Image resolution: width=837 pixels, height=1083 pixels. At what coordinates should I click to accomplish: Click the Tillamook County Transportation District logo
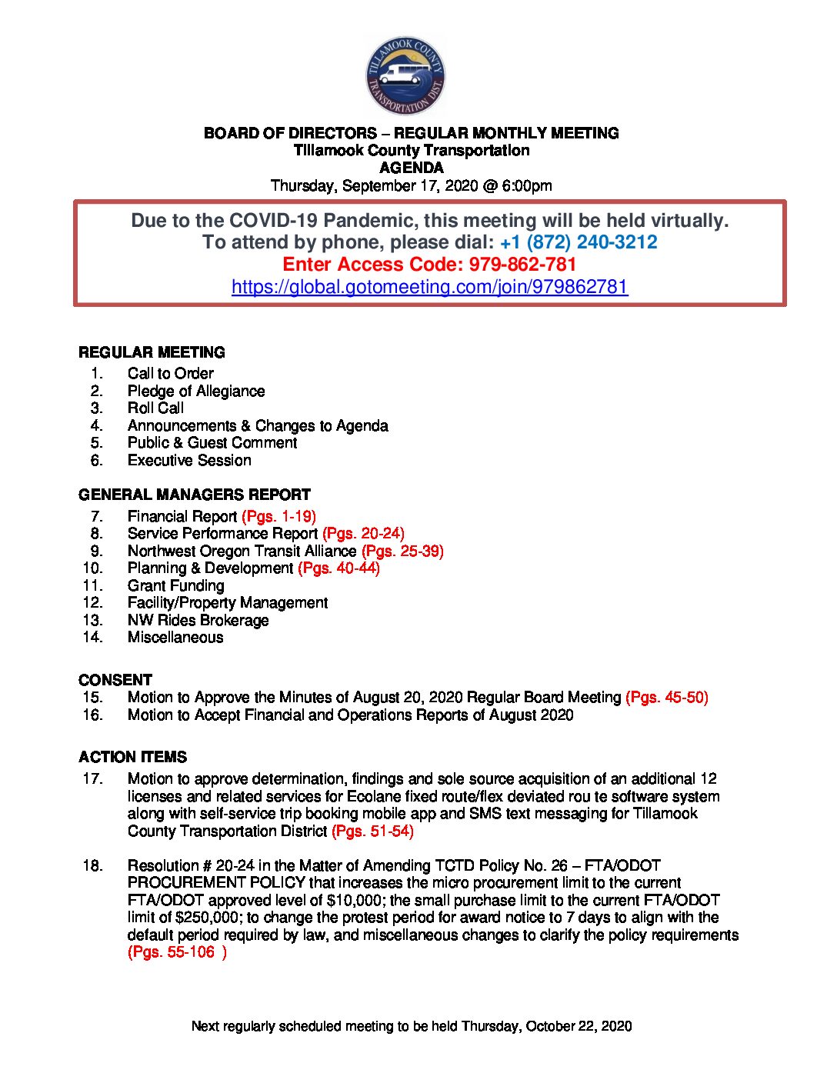pyautogui.click(x=405, y=75)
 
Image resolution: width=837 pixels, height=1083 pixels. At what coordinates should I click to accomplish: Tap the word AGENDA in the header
pyautogui.click(x=412, y=168)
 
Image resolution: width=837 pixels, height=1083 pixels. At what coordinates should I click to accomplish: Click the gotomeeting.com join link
pyautogui.click(x=429, y=287)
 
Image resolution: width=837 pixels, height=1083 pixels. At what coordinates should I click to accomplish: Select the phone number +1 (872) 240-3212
pyautogui.click(x=579, y=242)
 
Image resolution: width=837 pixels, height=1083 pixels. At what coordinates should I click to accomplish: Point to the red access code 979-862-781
pyautogui.click(x=522, y=265)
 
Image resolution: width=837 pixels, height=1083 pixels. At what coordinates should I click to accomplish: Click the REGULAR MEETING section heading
pyautogui.click(x=152, y=352)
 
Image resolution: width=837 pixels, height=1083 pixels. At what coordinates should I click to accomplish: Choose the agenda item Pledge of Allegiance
pyautogui.click(x=196, y=391)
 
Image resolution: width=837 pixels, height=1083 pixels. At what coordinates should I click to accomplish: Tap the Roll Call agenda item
pyautogui.click(x=155, y=408)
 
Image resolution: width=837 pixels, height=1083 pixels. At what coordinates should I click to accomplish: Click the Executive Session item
pyautogui.click(x=189, y=460)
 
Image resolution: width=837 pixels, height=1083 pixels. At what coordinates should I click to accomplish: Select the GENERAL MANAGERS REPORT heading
pyautogui.click(x=195, y=495)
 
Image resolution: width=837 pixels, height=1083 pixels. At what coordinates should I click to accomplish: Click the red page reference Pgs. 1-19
pyautogui.click(x=278, y=516)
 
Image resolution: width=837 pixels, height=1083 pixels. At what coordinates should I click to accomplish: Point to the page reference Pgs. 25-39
pyautogui.click(x=402, y=551)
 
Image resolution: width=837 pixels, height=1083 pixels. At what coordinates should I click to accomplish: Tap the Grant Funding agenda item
pyautogui.click(x=175, y=585)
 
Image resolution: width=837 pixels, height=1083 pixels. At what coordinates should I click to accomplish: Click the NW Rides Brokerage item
pyautogui.click(x=198, y=620)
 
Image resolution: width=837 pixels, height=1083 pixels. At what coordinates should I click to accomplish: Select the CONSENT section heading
pyautogui.click(x=115, y=680)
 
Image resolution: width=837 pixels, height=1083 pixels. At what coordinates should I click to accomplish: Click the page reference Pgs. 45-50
pyautogui.click(x=667, y=697)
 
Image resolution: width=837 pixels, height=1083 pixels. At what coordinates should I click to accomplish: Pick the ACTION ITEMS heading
pyautogui.click(x=132, y=757)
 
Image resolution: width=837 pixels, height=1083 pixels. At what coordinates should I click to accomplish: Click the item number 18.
pyautogui.click(x=92, y=865)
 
